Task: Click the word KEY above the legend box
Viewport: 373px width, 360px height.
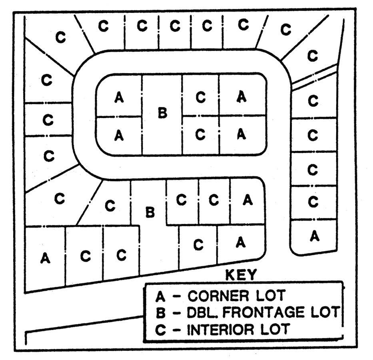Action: click(x=241, y=275)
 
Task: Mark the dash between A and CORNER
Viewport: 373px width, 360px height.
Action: click(x=176, y=296)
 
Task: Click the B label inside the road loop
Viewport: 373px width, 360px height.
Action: click(x=162, y=114)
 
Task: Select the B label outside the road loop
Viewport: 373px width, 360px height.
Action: click(x=150, y=212)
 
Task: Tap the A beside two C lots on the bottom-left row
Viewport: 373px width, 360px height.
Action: click(x=46, y=258)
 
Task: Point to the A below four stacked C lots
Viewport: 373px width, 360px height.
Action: click(x=315, y=237)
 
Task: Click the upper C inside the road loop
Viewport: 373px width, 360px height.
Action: click(x=201, y=97)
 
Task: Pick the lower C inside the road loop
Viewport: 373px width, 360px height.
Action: click(x=201, y=135)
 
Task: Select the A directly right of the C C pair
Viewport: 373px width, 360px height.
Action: click(x=247, y=200)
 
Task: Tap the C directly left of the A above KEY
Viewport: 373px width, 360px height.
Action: click(x=198, y=244)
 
